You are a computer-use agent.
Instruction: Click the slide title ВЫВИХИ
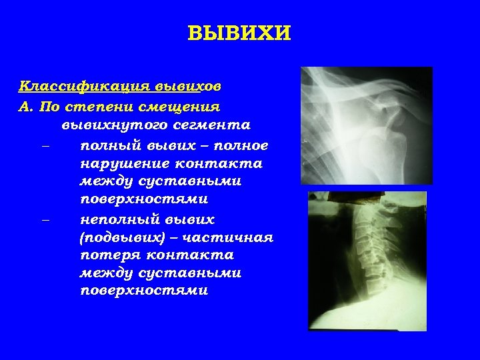tap(240, 34)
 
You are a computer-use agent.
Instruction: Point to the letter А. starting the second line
tap(26, 106)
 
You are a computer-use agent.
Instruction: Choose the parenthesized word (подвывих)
tap(121, 237)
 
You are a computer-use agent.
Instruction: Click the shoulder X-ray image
tap(366, 125)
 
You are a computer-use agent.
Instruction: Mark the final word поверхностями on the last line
tap(143, 291)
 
